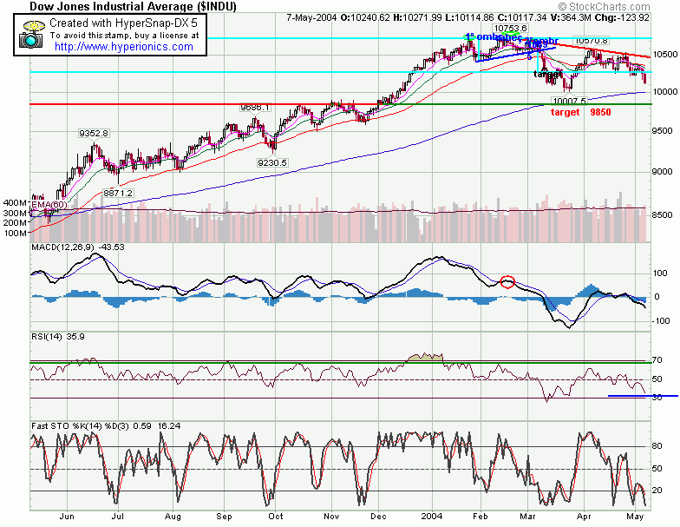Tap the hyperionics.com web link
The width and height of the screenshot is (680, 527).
124,47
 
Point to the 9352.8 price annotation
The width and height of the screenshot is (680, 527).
93,133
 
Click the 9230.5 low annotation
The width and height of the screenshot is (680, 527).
271,162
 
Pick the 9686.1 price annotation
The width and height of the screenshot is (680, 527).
256,107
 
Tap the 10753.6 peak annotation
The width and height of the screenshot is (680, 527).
487,28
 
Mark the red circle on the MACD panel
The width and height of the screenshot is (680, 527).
508,281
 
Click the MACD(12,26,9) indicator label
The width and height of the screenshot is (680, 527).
63,248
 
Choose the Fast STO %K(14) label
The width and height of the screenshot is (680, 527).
66,424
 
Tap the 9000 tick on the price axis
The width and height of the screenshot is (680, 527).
664,171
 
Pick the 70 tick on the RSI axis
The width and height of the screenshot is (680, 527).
657,359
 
